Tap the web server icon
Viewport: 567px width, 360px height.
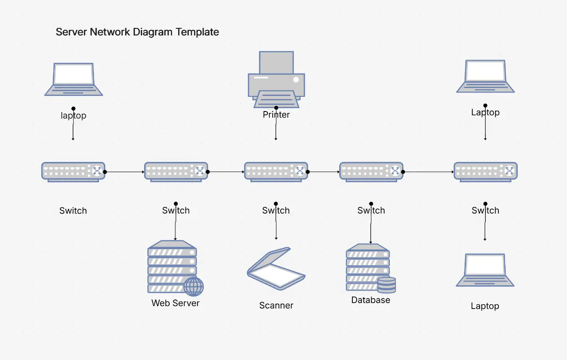click(x=173, y=267)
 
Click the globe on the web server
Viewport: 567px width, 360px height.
click(x=193, y=286)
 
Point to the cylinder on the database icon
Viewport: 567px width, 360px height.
click(x=387, y=285)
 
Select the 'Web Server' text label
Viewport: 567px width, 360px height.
click(x=175, y=303)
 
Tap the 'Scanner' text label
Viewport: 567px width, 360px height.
click(x=276, y=306)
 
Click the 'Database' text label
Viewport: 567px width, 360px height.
click(x=370, y=300)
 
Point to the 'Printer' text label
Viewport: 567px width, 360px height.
click(x=276, y=115)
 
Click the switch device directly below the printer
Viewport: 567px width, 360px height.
click(x=276, y=171)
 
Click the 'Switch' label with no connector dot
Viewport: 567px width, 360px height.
click(x=73, y=211)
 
